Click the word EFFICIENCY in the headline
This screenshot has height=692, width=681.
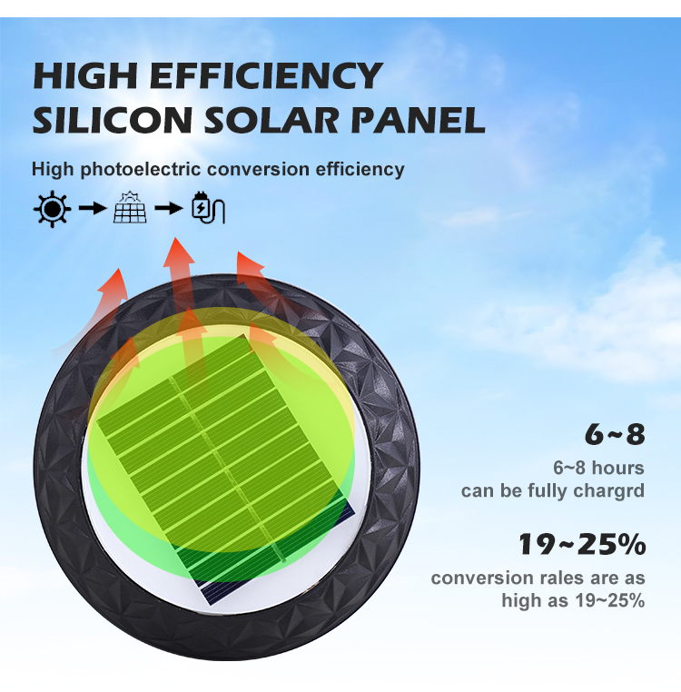pyautogui.click(x=266, y=75)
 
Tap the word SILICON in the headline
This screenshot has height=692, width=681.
pyautogui.click(x=113, y=120)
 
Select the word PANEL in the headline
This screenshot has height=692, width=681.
pyautogui.click(x=418, y=120)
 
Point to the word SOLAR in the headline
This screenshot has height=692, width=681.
pyautogui.click(x=271, y=120)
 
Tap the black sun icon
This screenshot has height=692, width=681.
pyautogui.click(x=52, y=209)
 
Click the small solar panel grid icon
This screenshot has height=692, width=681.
pyautogui.click(x=130, y=207)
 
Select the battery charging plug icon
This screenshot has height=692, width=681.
pyautogui.click(x=208, y=208)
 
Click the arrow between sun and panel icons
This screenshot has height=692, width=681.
pyautogui.click(x=93, y=208)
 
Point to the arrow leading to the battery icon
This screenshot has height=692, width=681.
pyautogui.click(x=169, y=208)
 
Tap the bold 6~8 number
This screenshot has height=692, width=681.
pyautogui.click(x=615, y=434)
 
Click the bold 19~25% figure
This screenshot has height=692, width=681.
pyautogui.click(x=582, y=544)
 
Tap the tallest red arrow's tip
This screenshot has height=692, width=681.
pyautogui.click(x=175, y=238)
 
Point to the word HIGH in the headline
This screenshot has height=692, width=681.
pyautogui.click(x=85, y=75)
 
